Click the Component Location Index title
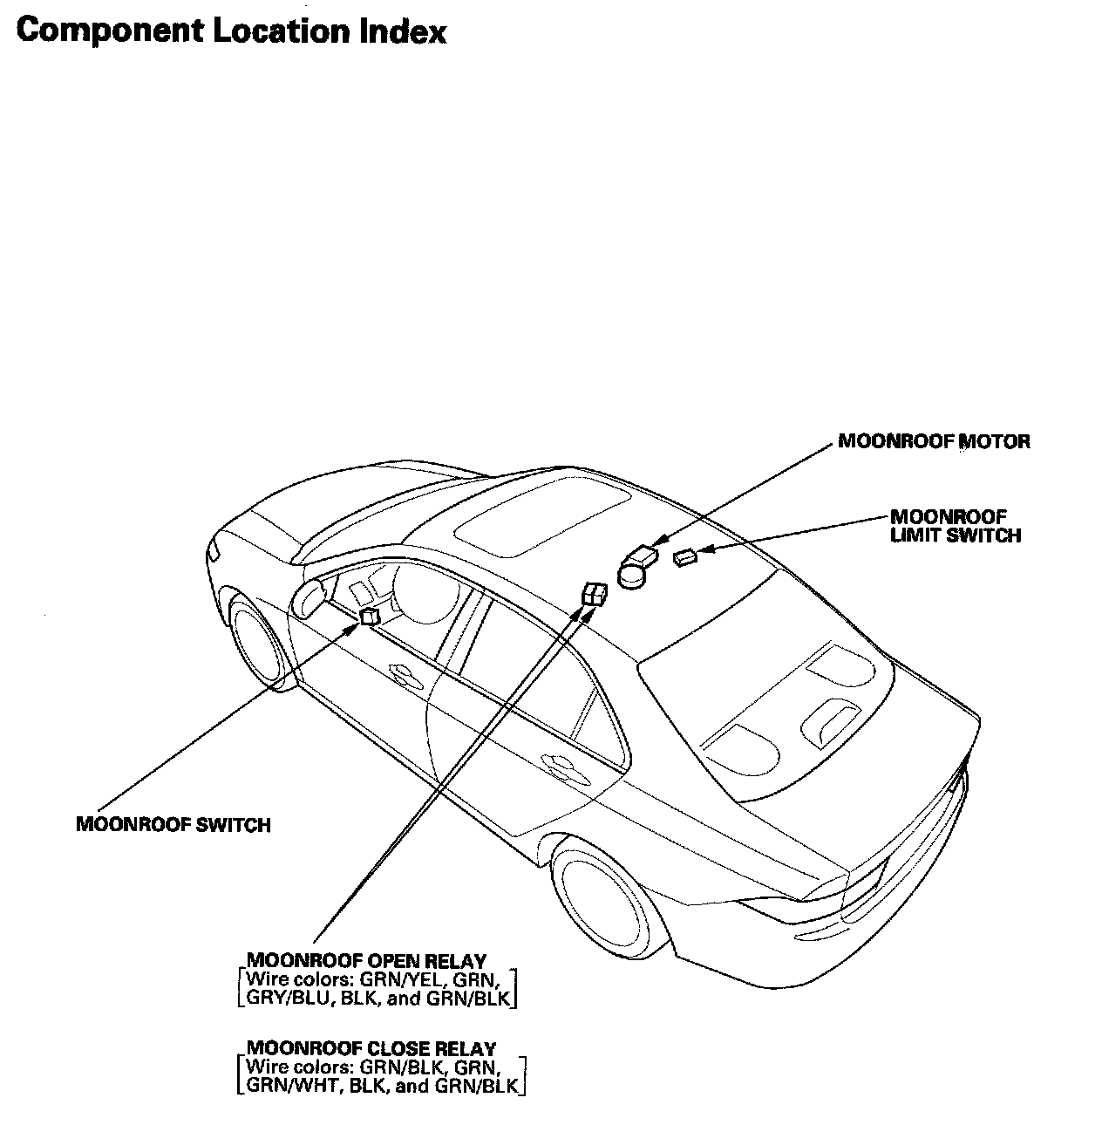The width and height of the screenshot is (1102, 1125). [231, 31]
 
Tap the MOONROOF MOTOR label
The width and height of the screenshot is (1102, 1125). [933, 441]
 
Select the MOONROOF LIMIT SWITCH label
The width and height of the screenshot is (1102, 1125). [955, 526]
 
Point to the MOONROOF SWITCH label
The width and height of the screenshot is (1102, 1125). [173, 824]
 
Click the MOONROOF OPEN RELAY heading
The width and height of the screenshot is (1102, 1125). [366, 961]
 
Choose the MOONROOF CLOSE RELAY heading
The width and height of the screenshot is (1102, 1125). [371, 1048]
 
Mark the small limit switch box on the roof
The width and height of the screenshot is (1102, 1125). [684, 558]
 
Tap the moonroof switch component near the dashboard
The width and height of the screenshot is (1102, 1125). [370, 617]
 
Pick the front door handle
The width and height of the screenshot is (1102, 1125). [403, 672]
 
